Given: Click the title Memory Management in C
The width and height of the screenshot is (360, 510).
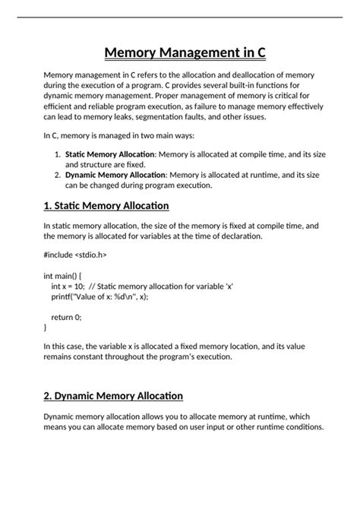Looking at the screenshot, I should pos(180,53).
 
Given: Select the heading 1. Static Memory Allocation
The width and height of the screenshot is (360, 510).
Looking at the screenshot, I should pos(106,206).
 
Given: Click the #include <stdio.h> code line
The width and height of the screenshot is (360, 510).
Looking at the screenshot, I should pos(75,255).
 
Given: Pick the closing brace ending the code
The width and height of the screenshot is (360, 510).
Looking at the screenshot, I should pos(46,327).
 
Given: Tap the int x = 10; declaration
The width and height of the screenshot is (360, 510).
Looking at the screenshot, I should pos(68,287).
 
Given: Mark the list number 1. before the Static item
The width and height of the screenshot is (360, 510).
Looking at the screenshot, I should pos(58,154).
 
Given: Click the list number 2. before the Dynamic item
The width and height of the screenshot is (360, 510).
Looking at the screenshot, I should pos(58,174).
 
